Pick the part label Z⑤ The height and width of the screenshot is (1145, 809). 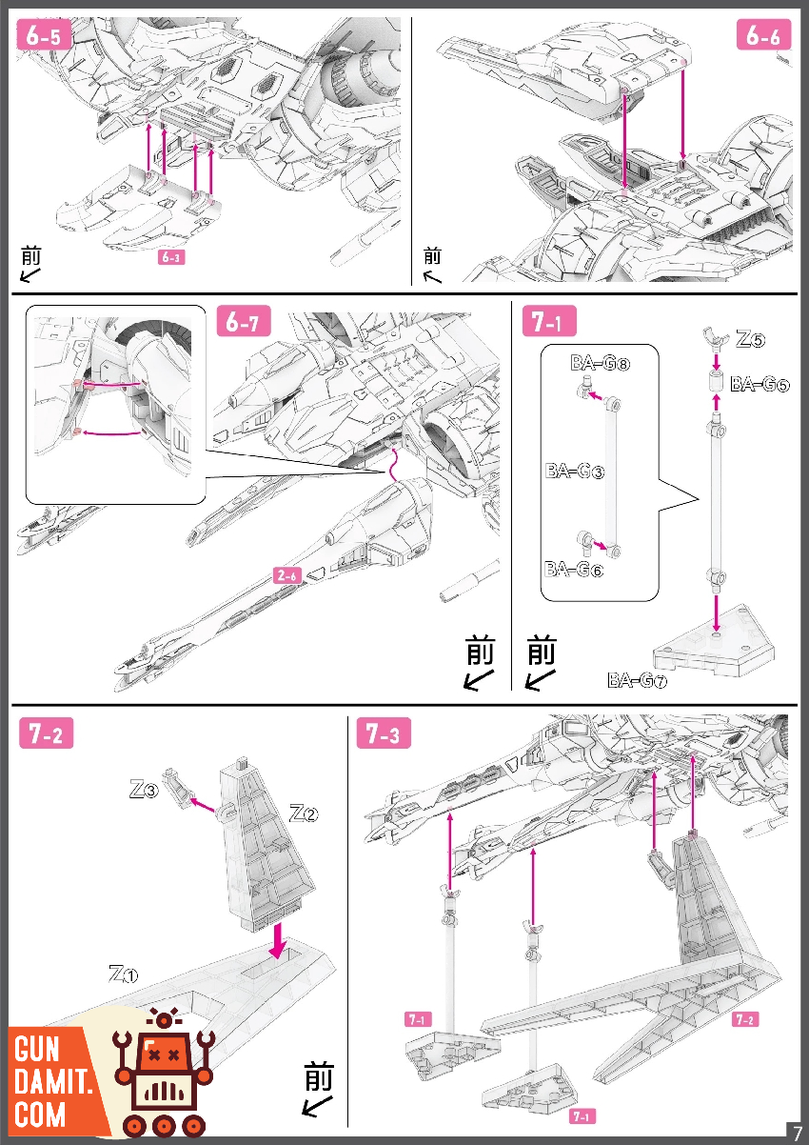(750, 338)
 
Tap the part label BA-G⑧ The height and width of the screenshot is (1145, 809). (600, 363)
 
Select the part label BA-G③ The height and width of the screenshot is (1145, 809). (575, 470)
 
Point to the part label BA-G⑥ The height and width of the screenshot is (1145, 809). (574, 570)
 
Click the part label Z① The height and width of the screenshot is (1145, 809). (124, 974)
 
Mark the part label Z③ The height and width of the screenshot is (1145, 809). (144, 789)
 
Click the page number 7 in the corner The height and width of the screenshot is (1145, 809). (797, 1131)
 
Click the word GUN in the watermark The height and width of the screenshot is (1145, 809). (38, 1051)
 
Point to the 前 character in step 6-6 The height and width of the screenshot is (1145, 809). (433, 255)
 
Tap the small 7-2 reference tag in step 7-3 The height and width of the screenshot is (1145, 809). (745, 1020)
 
